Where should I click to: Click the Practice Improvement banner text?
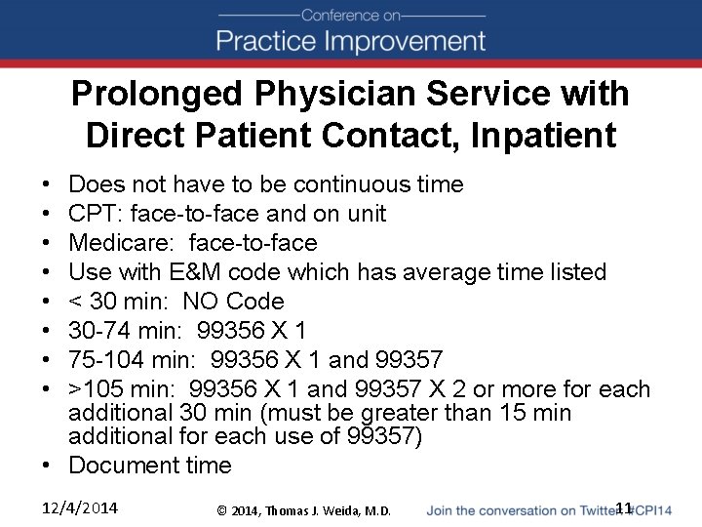point(351,41)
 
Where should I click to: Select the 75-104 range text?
point(105,360)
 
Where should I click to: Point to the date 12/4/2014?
point(81,508)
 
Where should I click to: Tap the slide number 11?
point(624,507)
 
